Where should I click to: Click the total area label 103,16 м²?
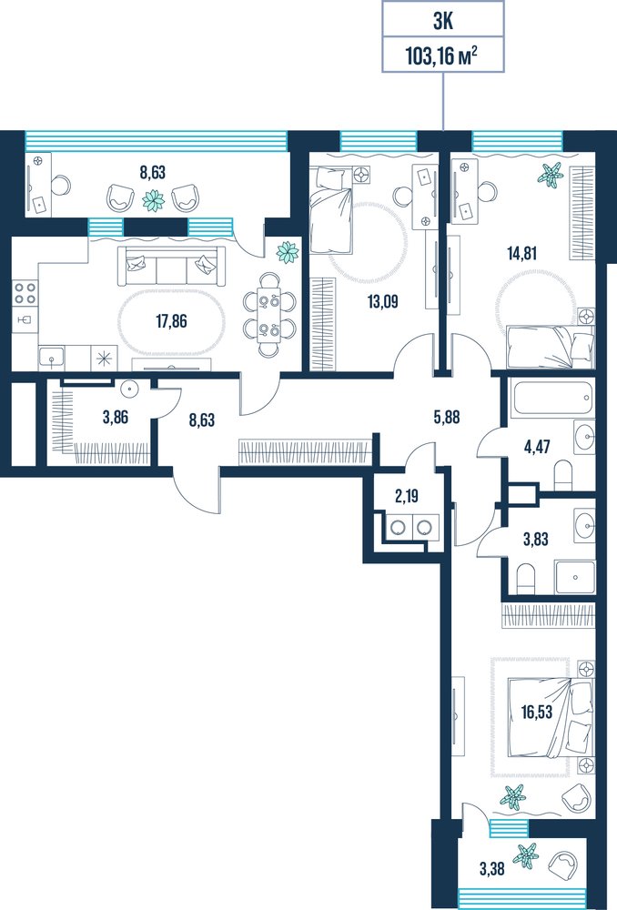(441, 56)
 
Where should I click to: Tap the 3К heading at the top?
(442, 22)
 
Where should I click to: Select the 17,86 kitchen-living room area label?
(171, 320)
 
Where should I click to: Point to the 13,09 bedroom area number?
(382, 301)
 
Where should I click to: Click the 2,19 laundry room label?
(406, 496)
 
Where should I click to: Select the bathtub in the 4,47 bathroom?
(551, 399)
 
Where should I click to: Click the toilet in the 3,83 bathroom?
(525, 579)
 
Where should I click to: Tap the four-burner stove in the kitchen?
(25, 292)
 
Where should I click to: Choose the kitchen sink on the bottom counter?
(52, 358)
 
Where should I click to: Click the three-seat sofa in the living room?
(171, 267)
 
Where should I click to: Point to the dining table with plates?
(268, 314)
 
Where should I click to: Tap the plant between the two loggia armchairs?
(154, 200)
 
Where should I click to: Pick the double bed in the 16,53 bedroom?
(551, 718)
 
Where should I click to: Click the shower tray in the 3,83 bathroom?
(574, 577)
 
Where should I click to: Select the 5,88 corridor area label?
(446, 417)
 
